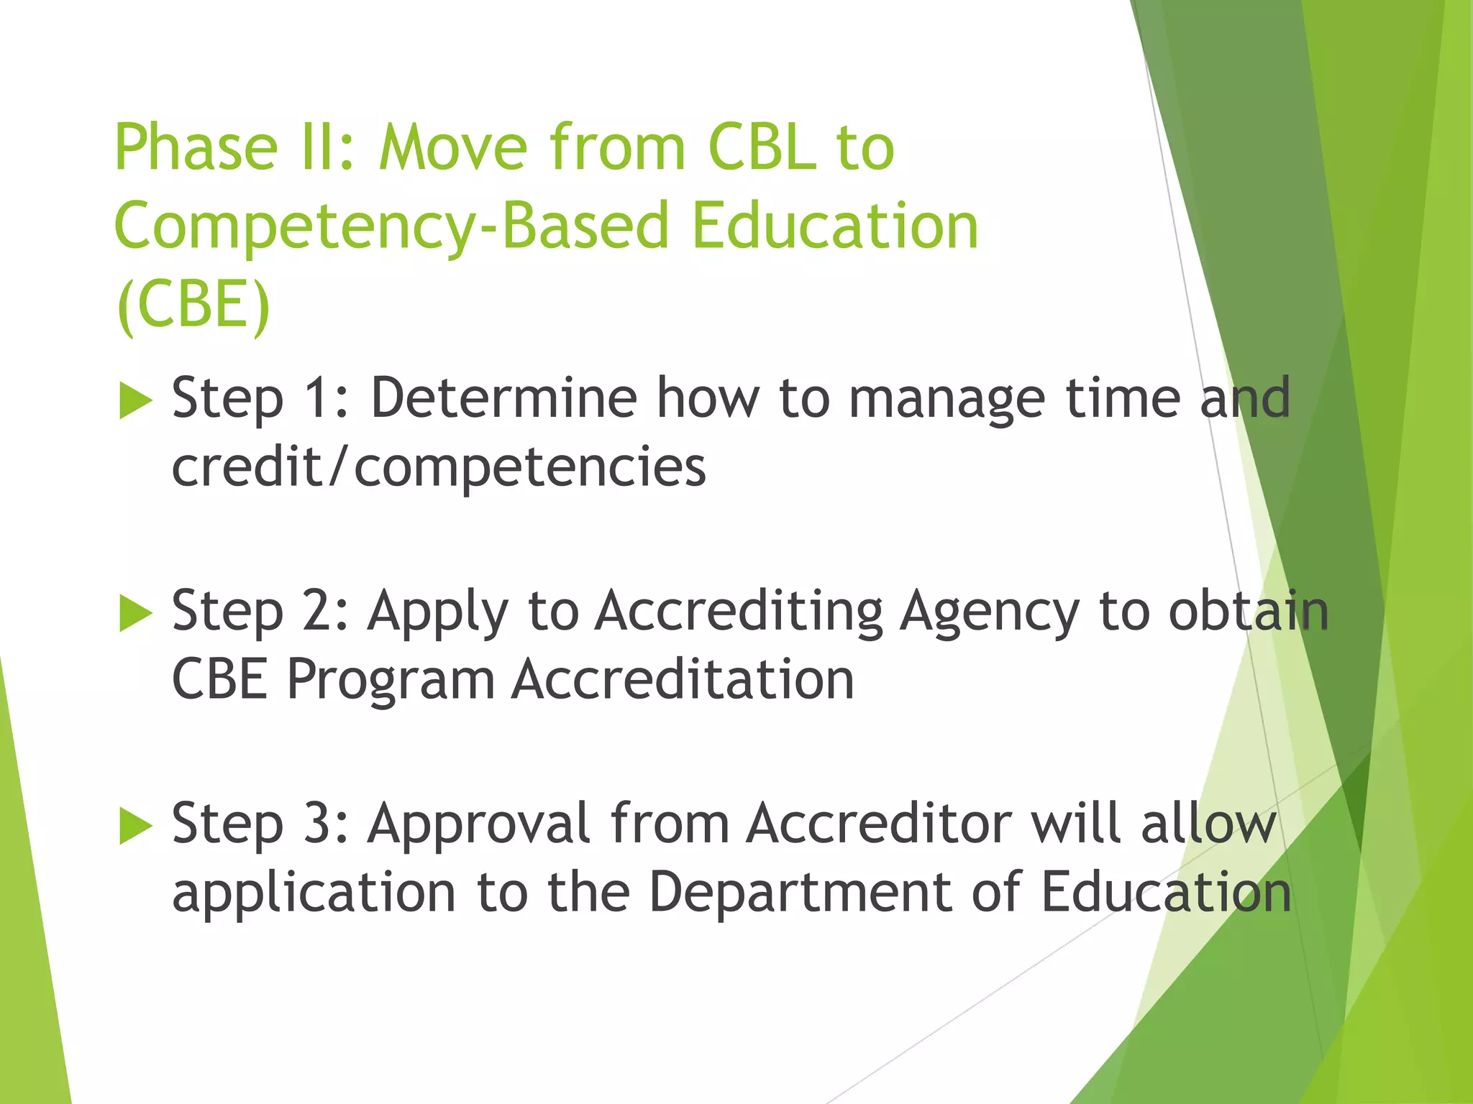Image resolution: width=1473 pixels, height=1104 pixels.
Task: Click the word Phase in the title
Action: click(196, 149)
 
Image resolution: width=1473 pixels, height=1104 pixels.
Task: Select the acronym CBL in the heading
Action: click(762, 149)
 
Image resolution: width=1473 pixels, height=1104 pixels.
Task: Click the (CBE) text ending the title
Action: click(193, 305)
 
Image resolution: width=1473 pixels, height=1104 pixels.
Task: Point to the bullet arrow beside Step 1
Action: click(135, 401)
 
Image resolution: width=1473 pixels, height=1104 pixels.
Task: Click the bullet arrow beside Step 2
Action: click(135, 614)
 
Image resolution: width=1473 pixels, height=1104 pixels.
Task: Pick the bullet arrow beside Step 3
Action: click(135, 827)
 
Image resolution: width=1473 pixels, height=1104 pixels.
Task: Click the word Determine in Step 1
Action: click(503, 399)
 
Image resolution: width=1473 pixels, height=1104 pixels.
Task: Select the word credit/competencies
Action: click(439, 468)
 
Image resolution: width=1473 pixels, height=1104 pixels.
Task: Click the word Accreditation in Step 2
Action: click(683, 680)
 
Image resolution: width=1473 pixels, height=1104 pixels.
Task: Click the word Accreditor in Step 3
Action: click(879, 824)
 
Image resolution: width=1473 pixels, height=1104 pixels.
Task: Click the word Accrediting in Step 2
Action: click(739, 612)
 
